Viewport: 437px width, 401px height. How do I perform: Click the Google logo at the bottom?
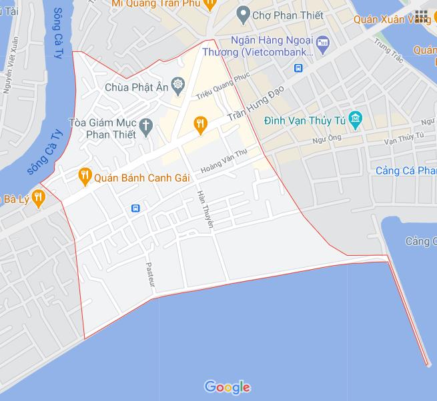tap(228, 386)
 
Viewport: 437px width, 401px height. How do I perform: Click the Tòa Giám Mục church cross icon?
tap(146, 124)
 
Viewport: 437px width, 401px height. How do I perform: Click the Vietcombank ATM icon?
tap(323, 44)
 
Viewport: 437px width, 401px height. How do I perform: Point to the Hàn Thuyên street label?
tap(204, 210)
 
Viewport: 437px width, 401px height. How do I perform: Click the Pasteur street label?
tap(150, 273)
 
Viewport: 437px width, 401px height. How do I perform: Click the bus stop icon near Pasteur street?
tap(136, 208)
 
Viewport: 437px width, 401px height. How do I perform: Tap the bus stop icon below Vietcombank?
tap(298, 67)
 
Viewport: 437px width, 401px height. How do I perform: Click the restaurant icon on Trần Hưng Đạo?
tap(199, 123)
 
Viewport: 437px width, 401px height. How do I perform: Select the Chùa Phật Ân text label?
tap(137, 86)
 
